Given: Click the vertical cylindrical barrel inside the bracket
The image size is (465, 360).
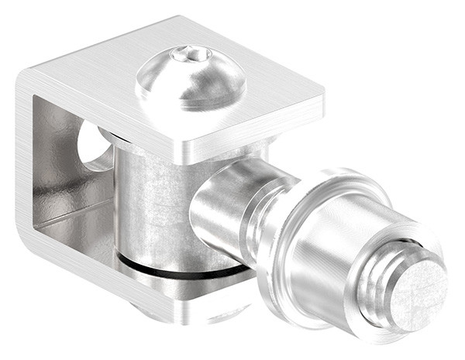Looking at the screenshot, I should coord(151,201).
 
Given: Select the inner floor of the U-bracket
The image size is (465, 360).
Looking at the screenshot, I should coord(77,232).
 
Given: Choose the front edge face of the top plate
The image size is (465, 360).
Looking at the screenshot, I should coord(248,132).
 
